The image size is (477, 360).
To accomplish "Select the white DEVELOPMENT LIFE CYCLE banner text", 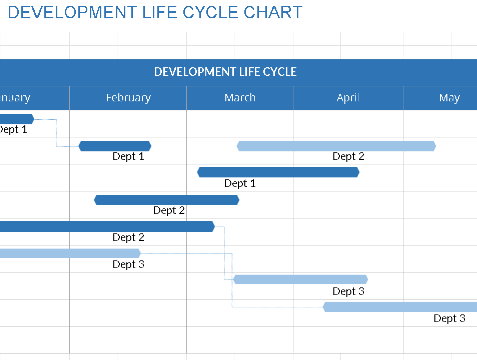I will point(225,72).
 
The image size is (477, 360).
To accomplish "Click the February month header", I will point(128,98).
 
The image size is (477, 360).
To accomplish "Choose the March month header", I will point(240,98).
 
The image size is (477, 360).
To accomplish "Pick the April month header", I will point(348,98).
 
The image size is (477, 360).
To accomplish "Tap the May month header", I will point(449,98).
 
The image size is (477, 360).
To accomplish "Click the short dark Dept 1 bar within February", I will point(115,146).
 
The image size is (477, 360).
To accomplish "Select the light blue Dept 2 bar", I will point(336,146).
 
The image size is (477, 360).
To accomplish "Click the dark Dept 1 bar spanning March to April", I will point(278,172).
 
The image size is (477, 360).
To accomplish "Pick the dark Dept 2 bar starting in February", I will point(166,200).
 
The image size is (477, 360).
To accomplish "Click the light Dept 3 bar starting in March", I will point(300,279).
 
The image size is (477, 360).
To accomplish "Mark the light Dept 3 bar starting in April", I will point(400,307).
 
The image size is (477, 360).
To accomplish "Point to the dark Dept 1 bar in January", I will point(16,119).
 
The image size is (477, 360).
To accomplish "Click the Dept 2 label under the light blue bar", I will point(348,157).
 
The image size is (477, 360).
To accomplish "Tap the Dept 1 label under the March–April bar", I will point(240,184).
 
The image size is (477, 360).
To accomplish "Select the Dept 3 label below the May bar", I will point(449,319).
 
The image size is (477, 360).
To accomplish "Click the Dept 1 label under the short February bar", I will point(128,157).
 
